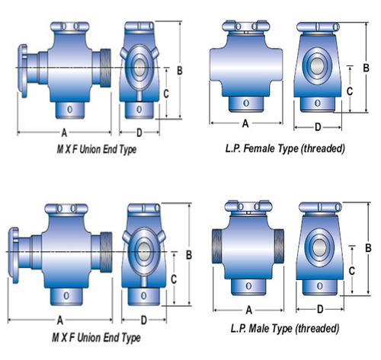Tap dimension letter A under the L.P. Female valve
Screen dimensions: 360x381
pos(245,123)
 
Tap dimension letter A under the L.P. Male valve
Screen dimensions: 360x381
pos(249,311)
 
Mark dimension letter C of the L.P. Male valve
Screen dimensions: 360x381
pos(351,270)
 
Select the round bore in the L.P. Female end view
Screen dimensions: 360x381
pos(319,65)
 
